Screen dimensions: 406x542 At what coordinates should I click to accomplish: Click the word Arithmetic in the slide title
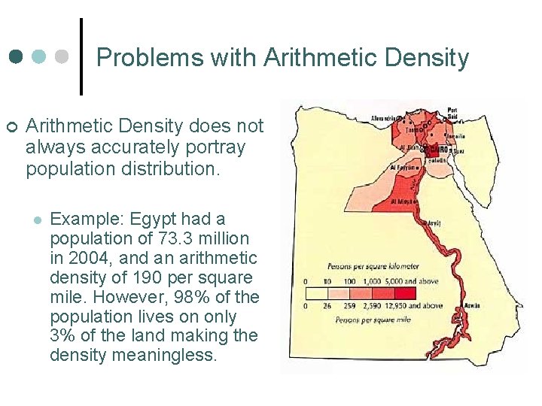[x=309, y=58]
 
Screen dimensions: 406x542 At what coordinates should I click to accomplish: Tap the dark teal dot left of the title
[x=15, y=57]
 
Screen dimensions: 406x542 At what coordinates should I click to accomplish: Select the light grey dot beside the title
[x=62, y=57]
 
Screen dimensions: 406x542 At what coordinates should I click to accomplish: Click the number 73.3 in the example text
[x=171, y=238]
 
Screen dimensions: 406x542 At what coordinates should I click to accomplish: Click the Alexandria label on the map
[x=386, y=119]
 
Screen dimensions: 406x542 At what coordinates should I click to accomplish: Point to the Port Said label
[x=452, y=112]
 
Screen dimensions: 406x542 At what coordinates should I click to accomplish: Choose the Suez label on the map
[x=459, y=151]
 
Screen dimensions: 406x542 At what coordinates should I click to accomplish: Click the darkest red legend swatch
[x=405, y=292]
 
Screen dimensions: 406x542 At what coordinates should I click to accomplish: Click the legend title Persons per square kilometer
[x=373, y=266]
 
